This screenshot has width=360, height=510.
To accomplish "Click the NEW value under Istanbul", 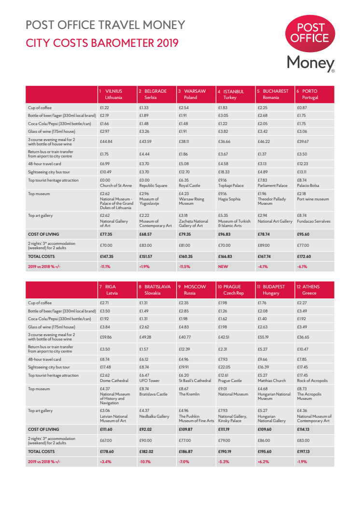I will coord(222,266).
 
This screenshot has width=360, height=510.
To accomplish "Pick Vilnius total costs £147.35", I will coord(106,256).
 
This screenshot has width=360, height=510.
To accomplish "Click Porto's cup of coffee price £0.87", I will coord(302,108).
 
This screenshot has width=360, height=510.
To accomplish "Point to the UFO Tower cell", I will coord(150,381).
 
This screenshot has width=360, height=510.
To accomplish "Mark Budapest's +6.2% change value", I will coord(263,462).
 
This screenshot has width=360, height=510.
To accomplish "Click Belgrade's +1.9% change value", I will coord(144,266).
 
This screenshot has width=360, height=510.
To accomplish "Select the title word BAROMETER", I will coord(121,43).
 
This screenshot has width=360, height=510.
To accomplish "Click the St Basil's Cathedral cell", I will coord(195,381).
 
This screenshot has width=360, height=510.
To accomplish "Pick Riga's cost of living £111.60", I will coord(106,428).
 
